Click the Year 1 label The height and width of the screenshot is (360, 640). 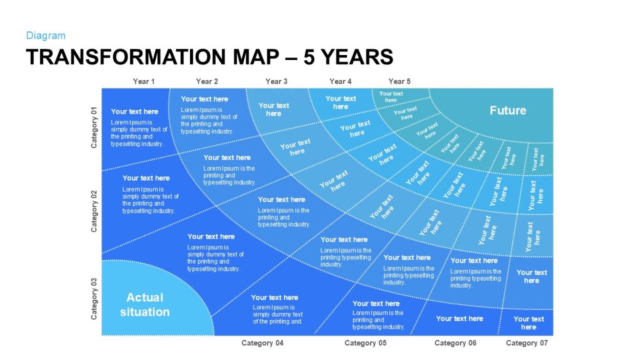click(144, 81)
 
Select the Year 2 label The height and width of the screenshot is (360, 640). click(207, 81)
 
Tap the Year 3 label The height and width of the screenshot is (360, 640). click(276, 81)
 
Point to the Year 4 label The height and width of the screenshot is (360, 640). click(341, 81)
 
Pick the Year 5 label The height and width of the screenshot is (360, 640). click(399, 81)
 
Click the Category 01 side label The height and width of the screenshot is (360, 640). click(94, 127)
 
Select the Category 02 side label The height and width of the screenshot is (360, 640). click(94, 211)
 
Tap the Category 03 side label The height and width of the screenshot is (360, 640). click(94, 299)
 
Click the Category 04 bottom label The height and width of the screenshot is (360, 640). click(262, 343)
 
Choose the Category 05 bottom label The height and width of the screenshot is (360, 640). click(365, 343)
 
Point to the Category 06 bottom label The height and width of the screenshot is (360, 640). click(455, 343)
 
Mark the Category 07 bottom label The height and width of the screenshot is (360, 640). click(527, 343)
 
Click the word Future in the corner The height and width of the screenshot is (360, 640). click(507, 110)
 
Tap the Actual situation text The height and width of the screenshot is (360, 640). click(145, 304)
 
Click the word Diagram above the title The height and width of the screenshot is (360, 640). click(46, 36)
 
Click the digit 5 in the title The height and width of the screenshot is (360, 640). click(309, 57)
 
